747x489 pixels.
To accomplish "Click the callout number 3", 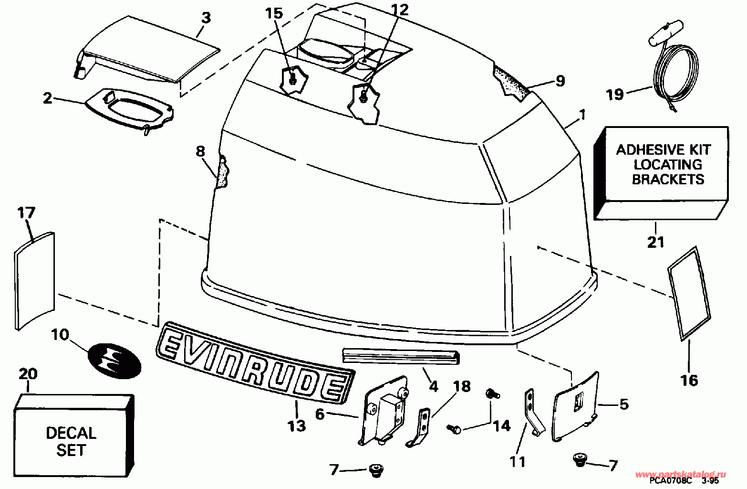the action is coord(207,18).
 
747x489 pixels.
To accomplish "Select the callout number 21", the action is coord(655,242).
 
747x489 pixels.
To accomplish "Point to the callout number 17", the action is coord(26,213).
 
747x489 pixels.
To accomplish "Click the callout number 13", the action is coord(297,426).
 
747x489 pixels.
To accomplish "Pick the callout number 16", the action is coord(689,381).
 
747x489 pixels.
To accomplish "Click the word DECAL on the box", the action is coord(71,433).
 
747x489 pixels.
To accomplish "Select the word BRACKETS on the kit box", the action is coord(668,180).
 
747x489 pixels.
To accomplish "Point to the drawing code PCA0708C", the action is coord(671,481).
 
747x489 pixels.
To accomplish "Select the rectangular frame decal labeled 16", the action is coord(689,294).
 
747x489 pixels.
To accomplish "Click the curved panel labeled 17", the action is coord(34,281).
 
